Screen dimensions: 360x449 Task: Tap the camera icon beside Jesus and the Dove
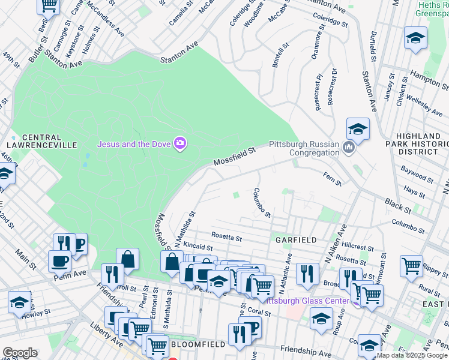(179, 143)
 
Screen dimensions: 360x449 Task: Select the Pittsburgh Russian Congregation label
(304, 148)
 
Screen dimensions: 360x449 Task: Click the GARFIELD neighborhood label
(296, 239)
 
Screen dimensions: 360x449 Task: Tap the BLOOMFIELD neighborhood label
(198, 344)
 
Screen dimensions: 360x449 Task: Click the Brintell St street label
(280, 54)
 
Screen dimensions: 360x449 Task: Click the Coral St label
(259, 311)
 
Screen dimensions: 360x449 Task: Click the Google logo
(20, 353)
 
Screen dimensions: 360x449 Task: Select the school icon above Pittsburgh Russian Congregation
(357, 128)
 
